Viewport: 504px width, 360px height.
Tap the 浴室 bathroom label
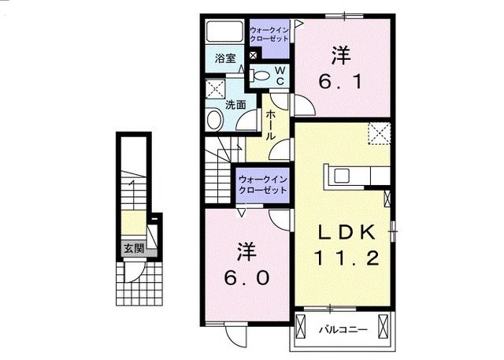point(226,58)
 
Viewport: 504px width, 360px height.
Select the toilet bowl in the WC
point(261,76)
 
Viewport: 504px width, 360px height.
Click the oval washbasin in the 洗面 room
point(214,120)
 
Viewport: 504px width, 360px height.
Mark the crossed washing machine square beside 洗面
point(213,87)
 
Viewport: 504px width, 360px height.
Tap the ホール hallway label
point(271,125)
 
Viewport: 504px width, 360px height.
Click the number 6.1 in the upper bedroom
point(341,81)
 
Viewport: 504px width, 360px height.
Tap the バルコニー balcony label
point(338,328)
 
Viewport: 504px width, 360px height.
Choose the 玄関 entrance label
point(132,248)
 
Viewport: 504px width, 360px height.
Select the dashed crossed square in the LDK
point(381,134)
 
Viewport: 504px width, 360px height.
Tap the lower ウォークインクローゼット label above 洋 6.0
point(261,185)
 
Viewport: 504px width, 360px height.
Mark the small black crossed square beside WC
point(252,54)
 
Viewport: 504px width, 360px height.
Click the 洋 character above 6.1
point(340,55)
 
